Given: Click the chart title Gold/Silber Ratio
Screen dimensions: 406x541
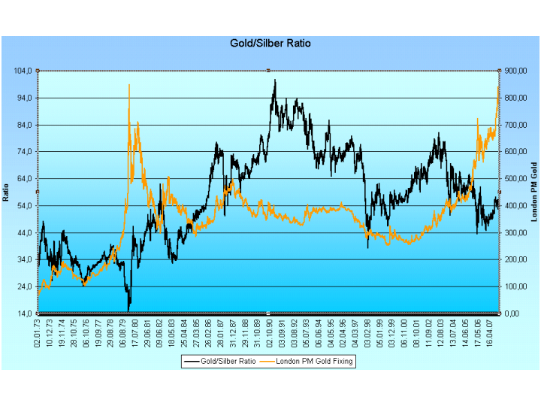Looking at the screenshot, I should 270,44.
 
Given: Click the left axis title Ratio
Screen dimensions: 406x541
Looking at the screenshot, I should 7,192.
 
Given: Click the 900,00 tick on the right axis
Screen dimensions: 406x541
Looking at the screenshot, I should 517,71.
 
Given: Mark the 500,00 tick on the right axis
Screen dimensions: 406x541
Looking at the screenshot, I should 517,179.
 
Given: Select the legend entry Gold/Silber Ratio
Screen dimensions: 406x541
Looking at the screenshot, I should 228,361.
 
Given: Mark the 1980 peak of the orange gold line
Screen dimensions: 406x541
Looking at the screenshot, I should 129,85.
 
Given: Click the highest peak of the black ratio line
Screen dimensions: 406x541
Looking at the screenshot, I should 275,80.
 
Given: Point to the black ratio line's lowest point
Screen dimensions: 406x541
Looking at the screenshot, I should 128,310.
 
